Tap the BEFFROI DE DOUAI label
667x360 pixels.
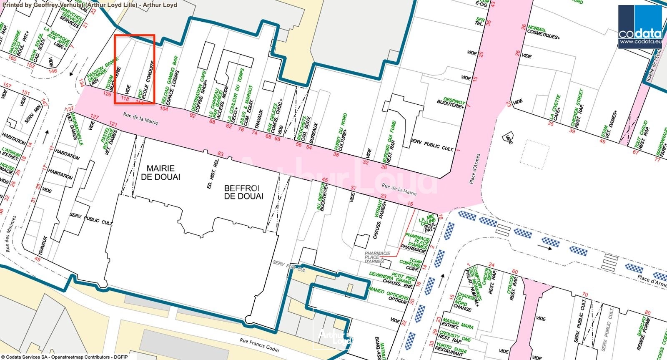pos(243,192)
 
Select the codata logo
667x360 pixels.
pos(639,27)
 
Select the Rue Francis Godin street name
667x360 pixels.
pos(259,345)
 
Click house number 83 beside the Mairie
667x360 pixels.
pos(220,154)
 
